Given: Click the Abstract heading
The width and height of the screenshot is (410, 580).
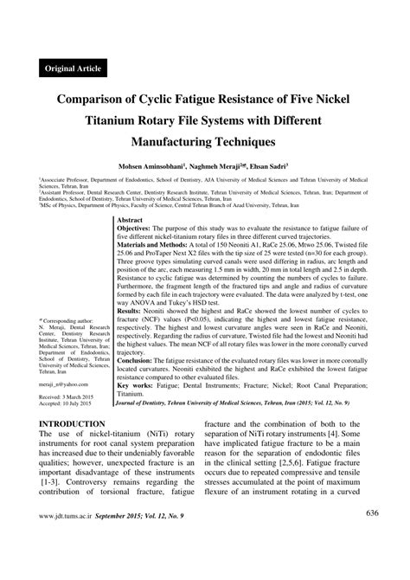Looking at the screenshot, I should [131, 222].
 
